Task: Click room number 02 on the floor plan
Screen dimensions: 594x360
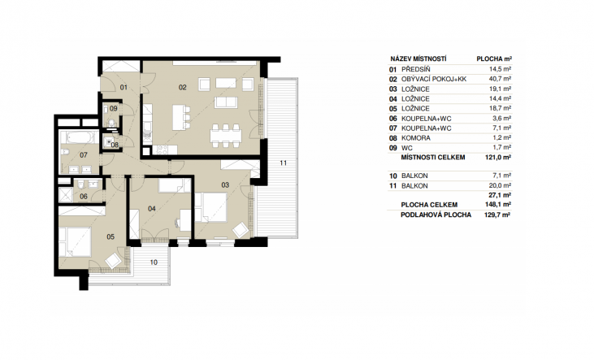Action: [x=183, y=88]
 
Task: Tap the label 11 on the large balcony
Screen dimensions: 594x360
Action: [x=284, y=163]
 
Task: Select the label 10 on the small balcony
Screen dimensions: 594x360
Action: [x=154, y=262]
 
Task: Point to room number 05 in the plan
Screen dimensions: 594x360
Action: [x=111, y=236]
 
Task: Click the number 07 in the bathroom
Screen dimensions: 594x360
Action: [x=84, y=155]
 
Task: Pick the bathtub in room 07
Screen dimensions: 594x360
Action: [x=80, y=137]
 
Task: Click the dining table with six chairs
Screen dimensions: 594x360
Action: [x=226, y=136]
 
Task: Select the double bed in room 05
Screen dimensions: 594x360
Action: [x=75, y=242]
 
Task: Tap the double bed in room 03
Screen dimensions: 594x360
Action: [x=211, y=207]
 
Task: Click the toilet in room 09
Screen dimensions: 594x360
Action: [x=111, y=123]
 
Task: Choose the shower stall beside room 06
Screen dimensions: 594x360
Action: [x=66, y=195]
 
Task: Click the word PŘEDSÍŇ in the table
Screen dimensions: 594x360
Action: [x=415, y=69]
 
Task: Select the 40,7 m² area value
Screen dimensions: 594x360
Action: [x=500, y=79]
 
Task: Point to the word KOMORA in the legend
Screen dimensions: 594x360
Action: [x=415, y=138]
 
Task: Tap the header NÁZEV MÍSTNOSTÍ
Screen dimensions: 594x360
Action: [x=418, y=59]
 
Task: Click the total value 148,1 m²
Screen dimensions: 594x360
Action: [x=498, y=205]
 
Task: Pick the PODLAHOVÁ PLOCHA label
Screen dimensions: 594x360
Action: [x=436, y=215]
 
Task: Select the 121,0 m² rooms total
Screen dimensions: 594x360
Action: [x=498, y=158]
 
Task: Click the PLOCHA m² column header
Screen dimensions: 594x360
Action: [x=494, y=59]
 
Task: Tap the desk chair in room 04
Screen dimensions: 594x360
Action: [x=177, y=223]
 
